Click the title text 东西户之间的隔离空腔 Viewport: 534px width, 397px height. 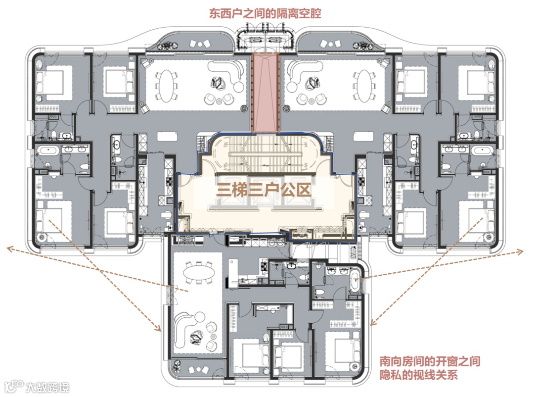[265, 13]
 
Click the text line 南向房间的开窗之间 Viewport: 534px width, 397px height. [430, 362]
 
